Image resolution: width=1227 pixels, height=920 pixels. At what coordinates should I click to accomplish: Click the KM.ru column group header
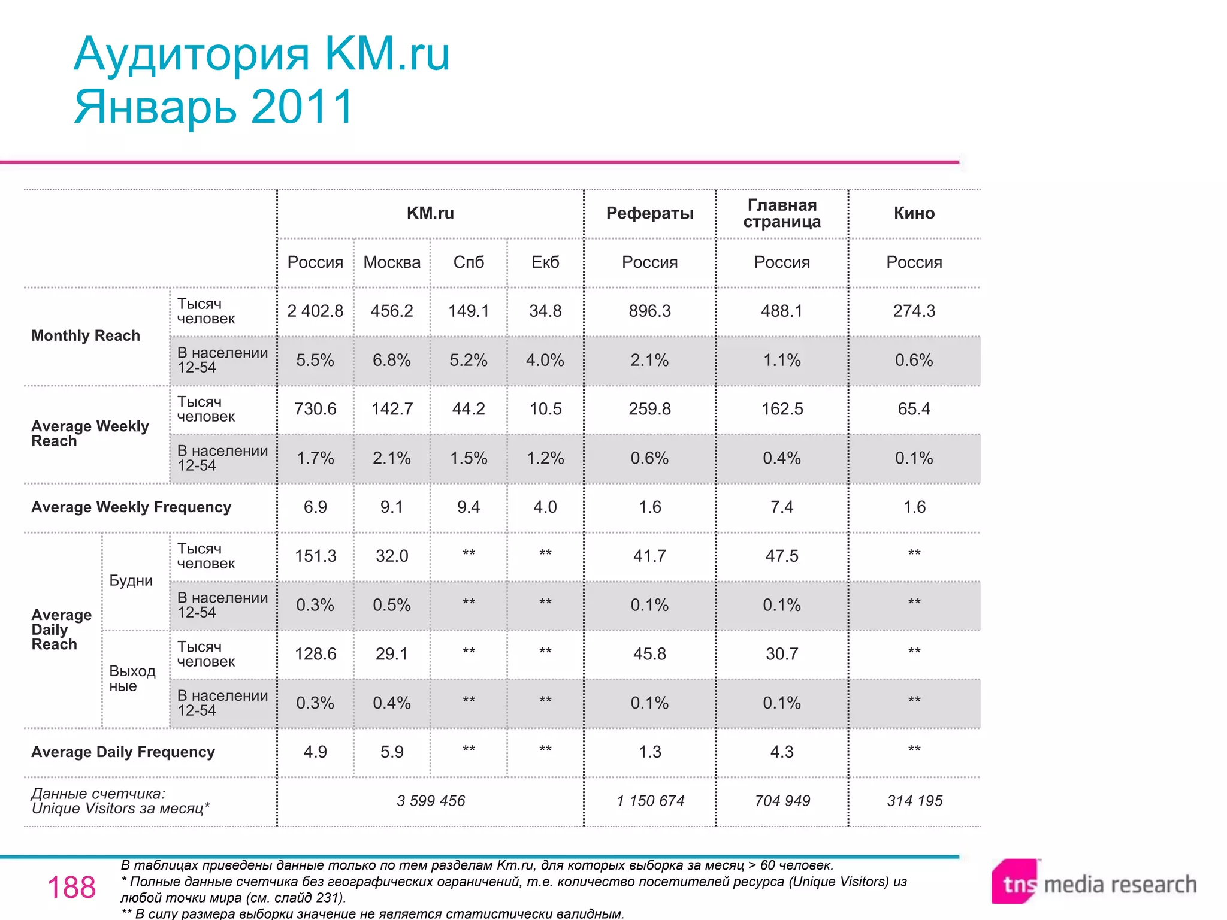430,213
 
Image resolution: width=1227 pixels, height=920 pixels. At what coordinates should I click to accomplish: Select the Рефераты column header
649,213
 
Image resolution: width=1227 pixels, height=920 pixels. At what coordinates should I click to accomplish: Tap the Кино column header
914,213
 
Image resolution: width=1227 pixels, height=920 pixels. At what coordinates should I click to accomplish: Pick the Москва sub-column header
392,262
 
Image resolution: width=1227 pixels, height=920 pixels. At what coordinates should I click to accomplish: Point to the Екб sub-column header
545,262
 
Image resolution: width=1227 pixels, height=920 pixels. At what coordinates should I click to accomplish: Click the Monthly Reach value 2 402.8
315,311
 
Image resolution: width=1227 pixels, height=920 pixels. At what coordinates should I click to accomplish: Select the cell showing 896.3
649,311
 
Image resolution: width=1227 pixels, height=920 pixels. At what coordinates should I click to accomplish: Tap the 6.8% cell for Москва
392,360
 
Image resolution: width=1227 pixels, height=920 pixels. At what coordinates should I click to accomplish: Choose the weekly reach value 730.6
315,409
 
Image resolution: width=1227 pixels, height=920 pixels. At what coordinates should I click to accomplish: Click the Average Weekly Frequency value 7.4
782,507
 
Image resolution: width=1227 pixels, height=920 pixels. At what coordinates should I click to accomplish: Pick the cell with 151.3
315,556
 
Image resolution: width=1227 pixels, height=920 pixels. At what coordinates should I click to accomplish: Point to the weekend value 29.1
392,654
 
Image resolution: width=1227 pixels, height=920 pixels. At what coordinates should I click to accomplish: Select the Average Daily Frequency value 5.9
392,752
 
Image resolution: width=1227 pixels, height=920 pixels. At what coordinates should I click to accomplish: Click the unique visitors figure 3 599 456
430,801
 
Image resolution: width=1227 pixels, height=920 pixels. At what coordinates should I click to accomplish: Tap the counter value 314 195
914,801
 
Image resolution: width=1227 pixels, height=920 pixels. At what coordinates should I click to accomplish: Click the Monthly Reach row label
86,336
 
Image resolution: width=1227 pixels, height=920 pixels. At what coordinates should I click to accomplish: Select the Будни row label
131,581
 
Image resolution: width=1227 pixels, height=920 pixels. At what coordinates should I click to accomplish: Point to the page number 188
71,888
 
